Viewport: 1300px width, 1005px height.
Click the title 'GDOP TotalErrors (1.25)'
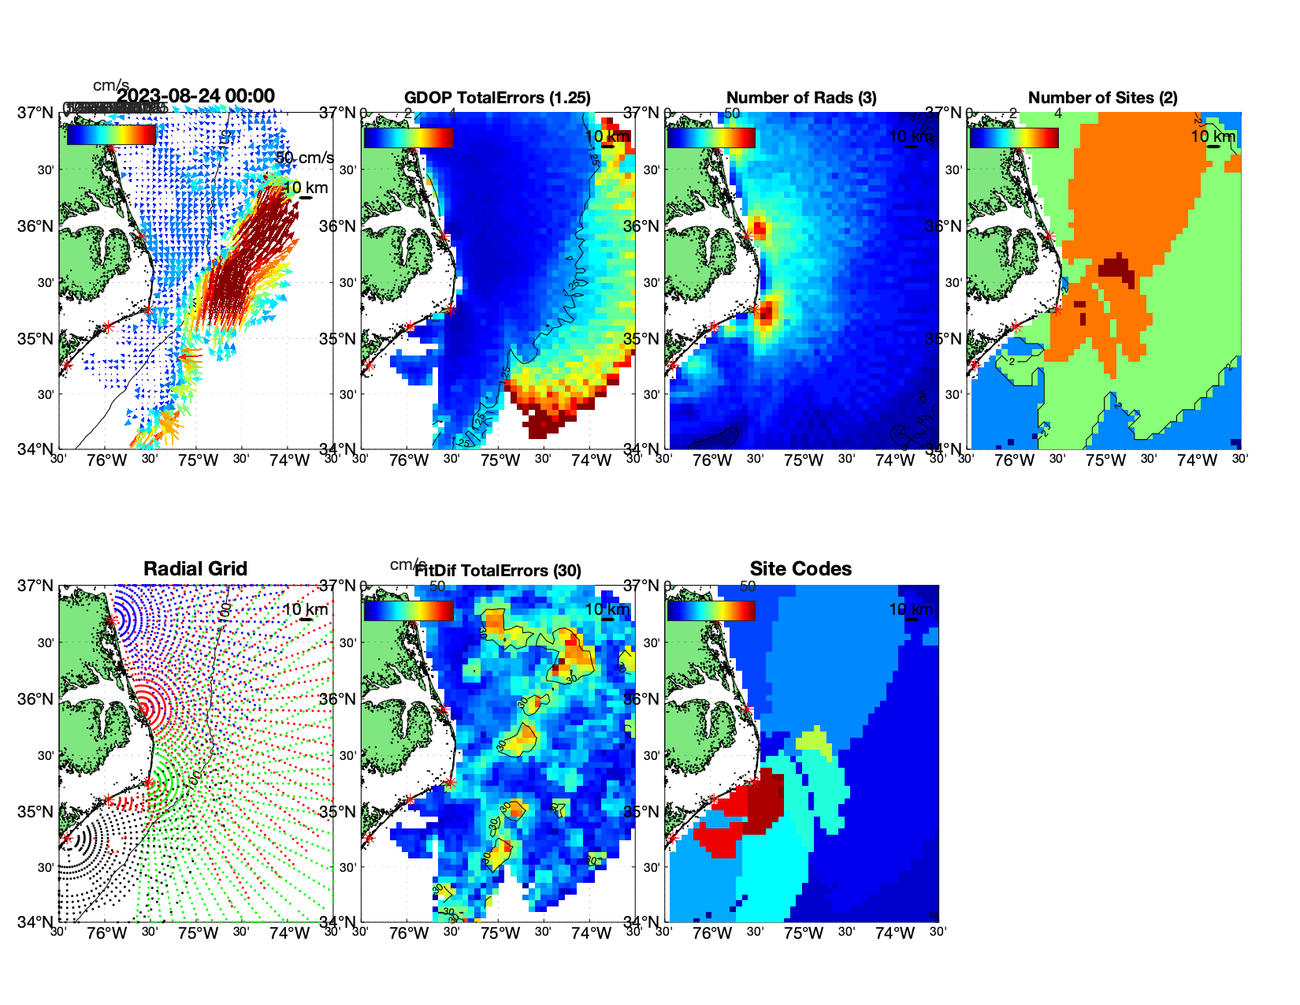497,98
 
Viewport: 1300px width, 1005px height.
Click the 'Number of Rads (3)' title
801,98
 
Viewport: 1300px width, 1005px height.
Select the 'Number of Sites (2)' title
1102,98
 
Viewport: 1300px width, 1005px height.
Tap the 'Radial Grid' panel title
195,569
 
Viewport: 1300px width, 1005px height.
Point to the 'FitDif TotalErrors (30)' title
498,571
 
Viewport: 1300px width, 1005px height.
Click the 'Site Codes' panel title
800,569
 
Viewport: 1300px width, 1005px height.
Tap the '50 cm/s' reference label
304,158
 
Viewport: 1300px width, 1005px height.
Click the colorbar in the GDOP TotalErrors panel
408,137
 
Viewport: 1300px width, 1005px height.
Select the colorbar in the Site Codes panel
711,610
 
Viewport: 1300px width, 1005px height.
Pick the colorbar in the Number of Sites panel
1014,137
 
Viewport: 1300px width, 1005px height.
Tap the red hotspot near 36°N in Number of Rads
759,229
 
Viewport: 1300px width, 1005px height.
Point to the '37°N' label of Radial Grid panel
36,586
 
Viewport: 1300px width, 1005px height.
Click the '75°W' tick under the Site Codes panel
803,933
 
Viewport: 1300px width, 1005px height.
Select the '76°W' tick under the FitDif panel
409,933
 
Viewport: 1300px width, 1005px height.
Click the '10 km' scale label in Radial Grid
305,609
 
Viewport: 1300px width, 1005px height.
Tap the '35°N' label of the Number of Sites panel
942,339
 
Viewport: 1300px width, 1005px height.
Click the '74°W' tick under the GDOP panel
591,460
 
